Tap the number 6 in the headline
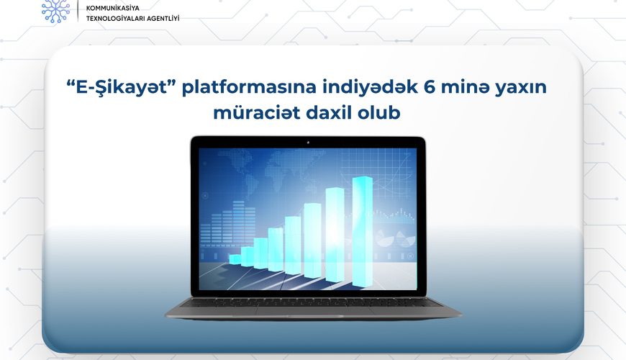click(429, 86)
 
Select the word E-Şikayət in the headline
click(122, 88)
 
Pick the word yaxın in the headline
click(521, 88)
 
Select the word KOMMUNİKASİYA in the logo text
click(113, 8)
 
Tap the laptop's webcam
click(308, 143)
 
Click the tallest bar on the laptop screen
click(363, 231)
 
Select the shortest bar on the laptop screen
click(235, 260)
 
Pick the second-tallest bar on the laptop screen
click(335, 234)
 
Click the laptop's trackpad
click(307, 310)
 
